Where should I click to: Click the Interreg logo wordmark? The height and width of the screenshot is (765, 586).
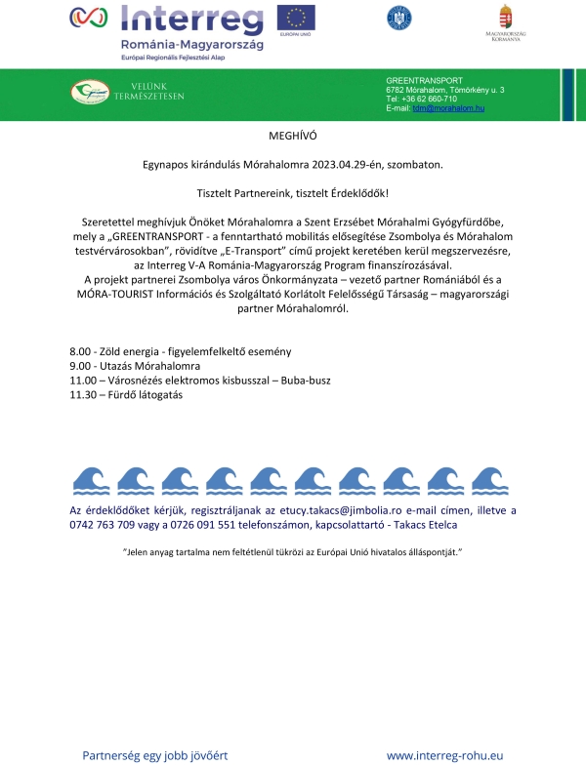pyautogui.click(x=190, y=20)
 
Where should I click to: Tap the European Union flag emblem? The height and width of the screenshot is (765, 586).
pyautogui.click(x=295, y=18)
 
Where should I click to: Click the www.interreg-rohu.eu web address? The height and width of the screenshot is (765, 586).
pyautogui.click(x=445, y=755)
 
